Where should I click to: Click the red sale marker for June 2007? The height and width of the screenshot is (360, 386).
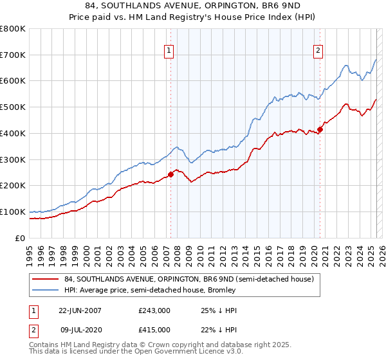170,174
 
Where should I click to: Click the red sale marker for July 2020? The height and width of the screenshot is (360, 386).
320,129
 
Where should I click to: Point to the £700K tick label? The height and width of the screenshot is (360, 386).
13,55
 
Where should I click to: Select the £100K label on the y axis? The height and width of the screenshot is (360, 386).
13,212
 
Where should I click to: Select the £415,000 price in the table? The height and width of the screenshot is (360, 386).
154,330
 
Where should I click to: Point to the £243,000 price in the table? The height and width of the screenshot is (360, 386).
154,310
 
